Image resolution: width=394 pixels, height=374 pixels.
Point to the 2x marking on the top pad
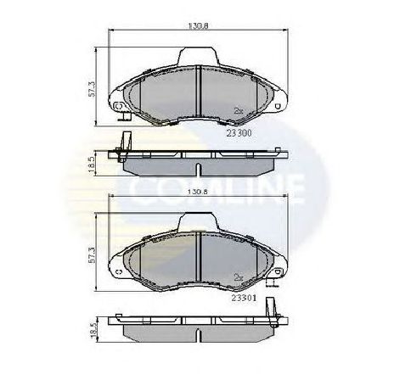point(239,110)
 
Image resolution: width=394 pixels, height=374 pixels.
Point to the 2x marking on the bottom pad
point(239,276)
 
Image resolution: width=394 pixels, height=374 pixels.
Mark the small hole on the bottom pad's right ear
point(273,272)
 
